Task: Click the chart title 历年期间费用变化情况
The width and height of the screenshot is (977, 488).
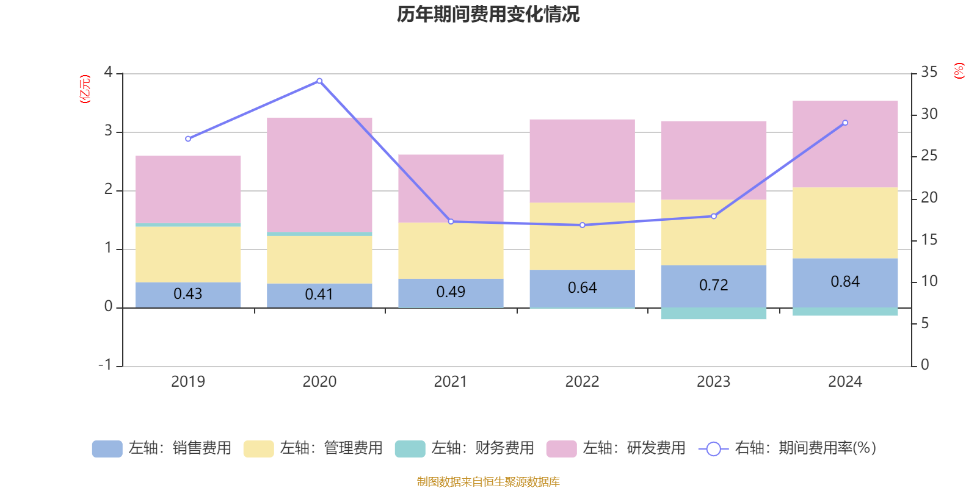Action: pos(488,14)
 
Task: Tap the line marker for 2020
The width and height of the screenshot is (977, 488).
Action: pos(319,81)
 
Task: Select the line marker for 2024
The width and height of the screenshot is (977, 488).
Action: pos(845,123)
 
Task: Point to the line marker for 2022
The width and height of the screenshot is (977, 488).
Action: pos(583,225)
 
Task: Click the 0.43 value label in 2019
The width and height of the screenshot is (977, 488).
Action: pos(187,294)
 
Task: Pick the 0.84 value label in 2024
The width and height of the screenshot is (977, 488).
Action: pos(845,282)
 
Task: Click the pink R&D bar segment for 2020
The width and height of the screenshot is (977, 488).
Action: pos(319,174)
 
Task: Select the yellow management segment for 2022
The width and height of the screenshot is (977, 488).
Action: pos(582,236)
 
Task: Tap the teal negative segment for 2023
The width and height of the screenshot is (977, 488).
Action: pos(713,314)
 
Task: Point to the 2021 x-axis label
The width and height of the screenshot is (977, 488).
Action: pos(451,382)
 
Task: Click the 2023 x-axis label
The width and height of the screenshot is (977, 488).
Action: pos(713,382)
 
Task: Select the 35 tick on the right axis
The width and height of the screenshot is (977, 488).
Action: pos(929,73)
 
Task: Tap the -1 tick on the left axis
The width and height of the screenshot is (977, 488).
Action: pos(106,365)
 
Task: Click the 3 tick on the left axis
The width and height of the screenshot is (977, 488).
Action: pos(108,131)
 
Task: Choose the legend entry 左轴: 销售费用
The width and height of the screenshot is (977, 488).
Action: pos(162,448)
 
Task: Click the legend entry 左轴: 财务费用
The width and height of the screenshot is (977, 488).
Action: pos(465,448)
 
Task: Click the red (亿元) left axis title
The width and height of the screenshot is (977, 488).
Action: pos(85,89)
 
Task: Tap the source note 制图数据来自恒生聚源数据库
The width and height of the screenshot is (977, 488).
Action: pos(488,482)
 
